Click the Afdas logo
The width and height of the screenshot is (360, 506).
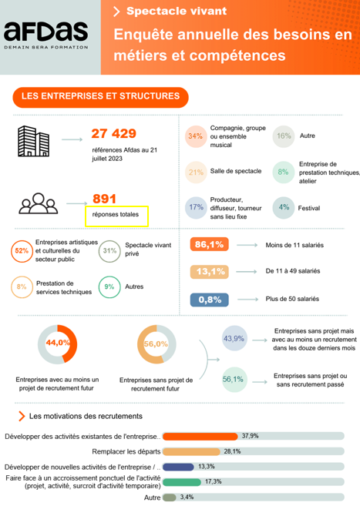pyautogui.click(x=45, y=35)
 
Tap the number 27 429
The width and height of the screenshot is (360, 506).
pyautogui.click(x=113, y=133)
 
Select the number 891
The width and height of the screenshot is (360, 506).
pyautogui.click(x=104, y=199)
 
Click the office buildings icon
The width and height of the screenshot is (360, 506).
pyautogui.click(x=34, y=142)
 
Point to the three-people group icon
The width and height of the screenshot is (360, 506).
pyautogui.click(x=39, y=203)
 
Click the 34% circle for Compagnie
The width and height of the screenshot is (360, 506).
pyautogui.click(x=196, y=136)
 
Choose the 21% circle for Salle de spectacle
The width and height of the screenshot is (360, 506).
pyautogui.click(x=196, y=172)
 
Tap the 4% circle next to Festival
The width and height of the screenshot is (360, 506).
pyautogui.click(x=284, y=207)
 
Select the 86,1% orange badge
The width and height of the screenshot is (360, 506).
pyautogui.click(x=209, y=244)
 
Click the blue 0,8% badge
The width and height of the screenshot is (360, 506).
pyautogui.click(x=209, y=300)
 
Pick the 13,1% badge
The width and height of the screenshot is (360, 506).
pyautogui.click(x=209, y=271)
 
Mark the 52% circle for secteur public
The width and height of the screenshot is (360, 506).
pyautogui.click(x=22, y=251)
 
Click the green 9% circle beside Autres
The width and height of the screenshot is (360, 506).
pyautogui.click(x=109, y=287)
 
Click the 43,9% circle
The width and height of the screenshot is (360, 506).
pyautogui.click(x=234, y=339)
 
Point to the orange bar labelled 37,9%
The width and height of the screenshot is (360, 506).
pyautogui.click(x=200, y=436)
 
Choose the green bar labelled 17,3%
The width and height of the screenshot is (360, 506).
pyautogui.click(x=182, y=482)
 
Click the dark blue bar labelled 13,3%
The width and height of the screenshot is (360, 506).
pyautogui.click(x=178, y=467)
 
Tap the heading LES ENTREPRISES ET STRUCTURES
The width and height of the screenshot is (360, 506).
pyautogui.click(x=100, y=96)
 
